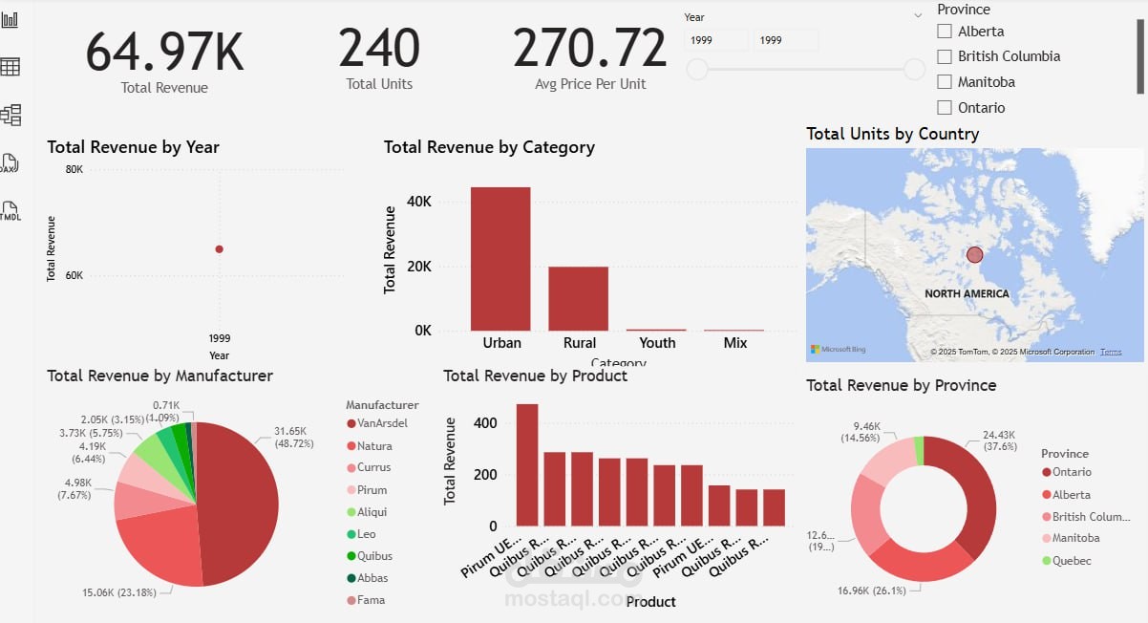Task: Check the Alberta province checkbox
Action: click(945, 32)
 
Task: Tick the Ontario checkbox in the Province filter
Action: click(945, 108)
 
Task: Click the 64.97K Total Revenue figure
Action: click(164, 52)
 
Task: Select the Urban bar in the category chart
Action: click(500, 258)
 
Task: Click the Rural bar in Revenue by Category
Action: click(578, 298)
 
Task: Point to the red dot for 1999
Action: click(220, 249)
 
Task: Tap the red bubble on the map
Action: click(974, 255)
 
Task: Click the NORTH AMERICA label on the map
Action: click(967, 294)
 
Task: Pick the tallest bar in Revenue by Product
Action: click(527, 464)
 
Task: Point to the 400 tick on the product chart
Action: click(484, 422)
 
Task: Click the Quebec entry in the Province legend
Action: click(1071, 561)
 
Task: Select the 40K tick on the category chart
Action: click(419, 202)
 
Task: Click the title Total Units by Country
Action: click(892, 134)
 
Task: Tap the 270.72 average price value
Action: click(589, 50)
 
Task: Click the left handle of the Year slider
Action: click(698, 69)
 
